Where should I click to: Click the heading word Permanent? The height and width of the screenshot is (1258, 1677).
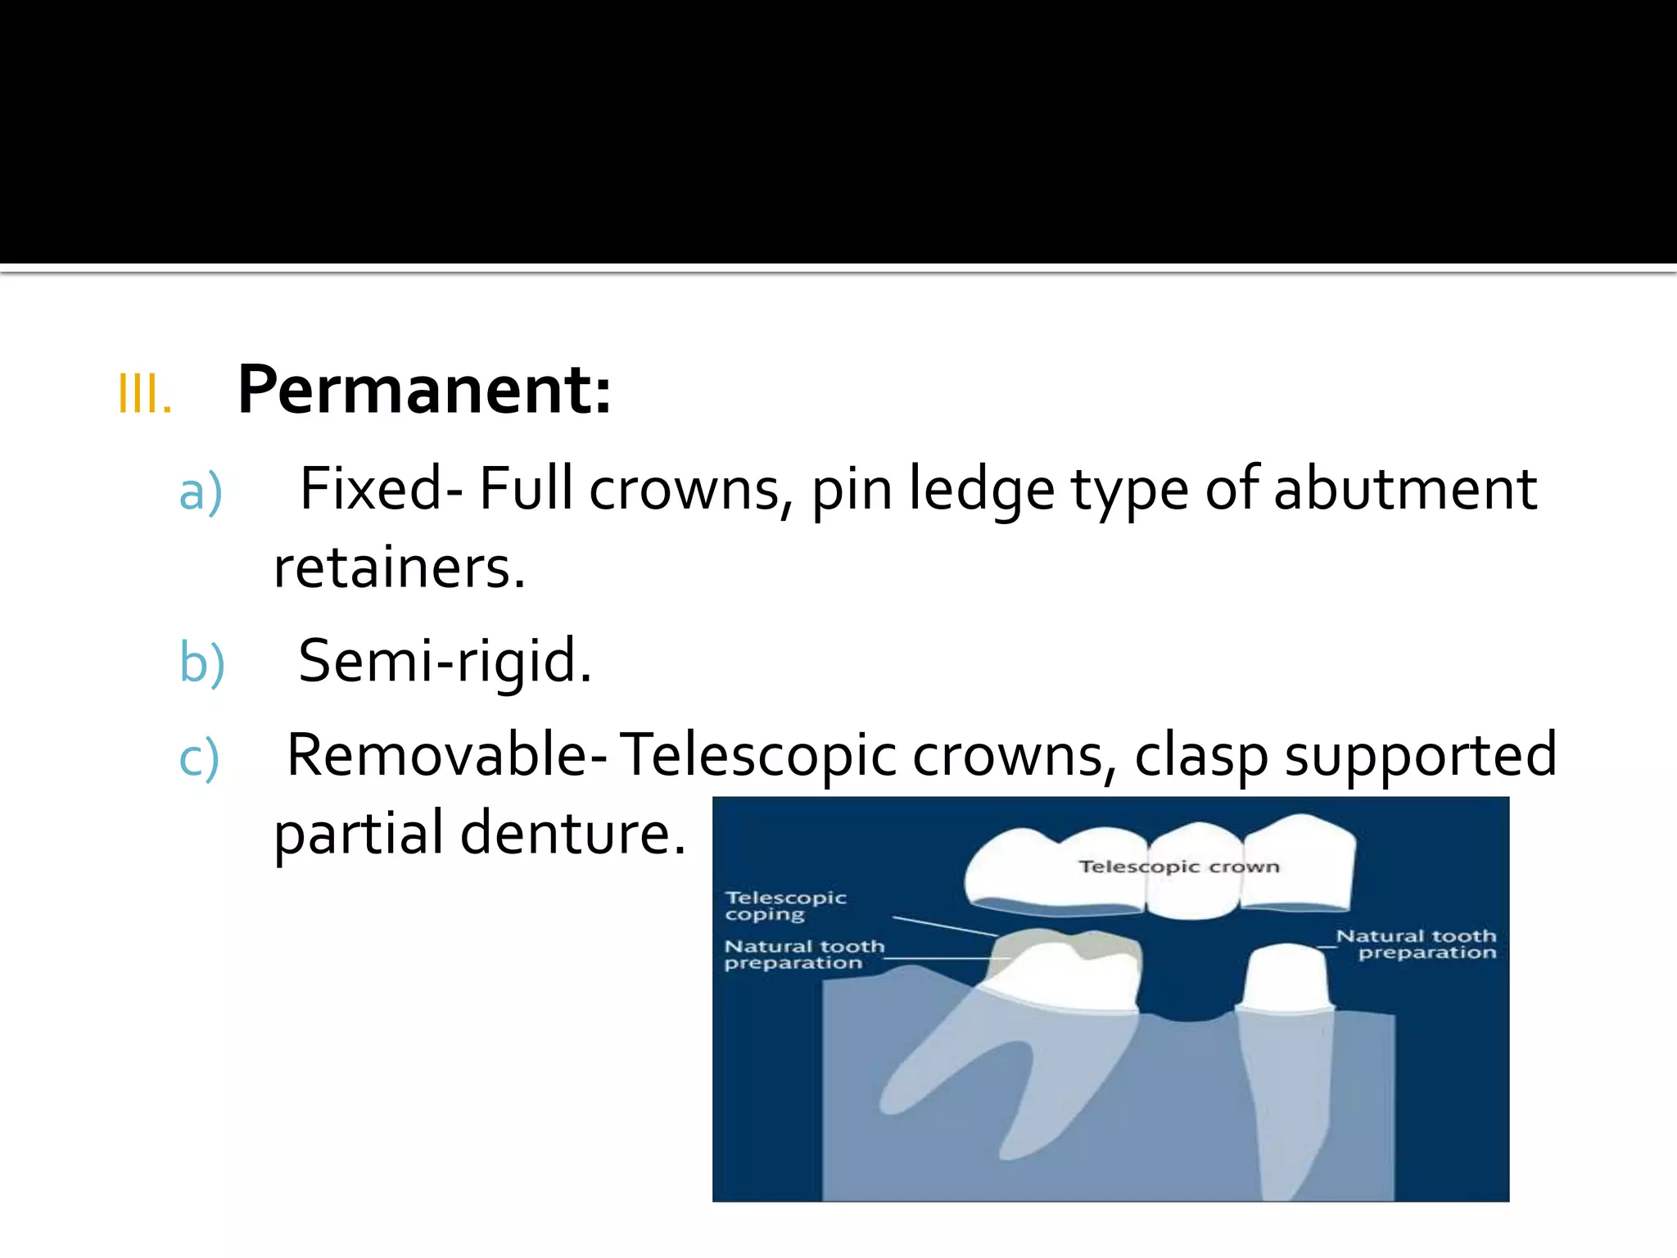[424, 391]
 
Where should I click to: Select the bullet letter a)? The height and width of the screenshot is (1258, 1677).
[201, 492]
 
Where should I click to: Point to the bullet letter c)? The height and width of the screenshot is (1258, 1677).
[199, 758]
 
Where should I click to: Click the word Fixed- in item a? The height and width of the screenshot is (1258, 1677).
[382, 490]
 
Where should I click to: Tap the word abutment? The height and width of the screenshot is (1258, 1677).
[1405, 490]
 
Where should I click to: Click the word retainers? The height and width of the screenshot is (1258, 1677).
[399, 568]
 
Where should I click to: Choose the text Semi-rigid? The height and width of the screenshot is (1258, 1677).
[445, 661]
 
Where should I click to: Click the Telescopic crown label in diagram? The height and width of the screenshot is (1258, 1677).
[1178, 867]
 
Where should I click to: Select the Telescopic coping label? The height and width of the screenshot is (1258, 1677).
[785, 906]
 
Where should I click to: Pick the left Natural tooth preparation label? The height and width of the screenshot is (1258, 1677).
[803, 955]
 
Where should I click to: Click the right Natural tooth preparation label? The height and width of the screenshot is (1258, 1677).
[1417, 944]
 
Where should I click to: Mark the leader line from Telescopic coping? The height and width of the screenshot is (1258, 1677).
[945, 926]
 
